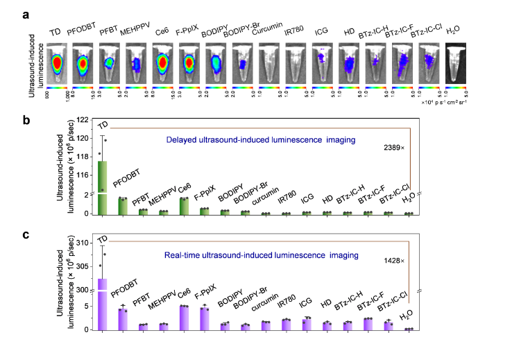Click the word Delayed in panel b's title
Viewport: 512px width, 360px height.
(x=183, y=139)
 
